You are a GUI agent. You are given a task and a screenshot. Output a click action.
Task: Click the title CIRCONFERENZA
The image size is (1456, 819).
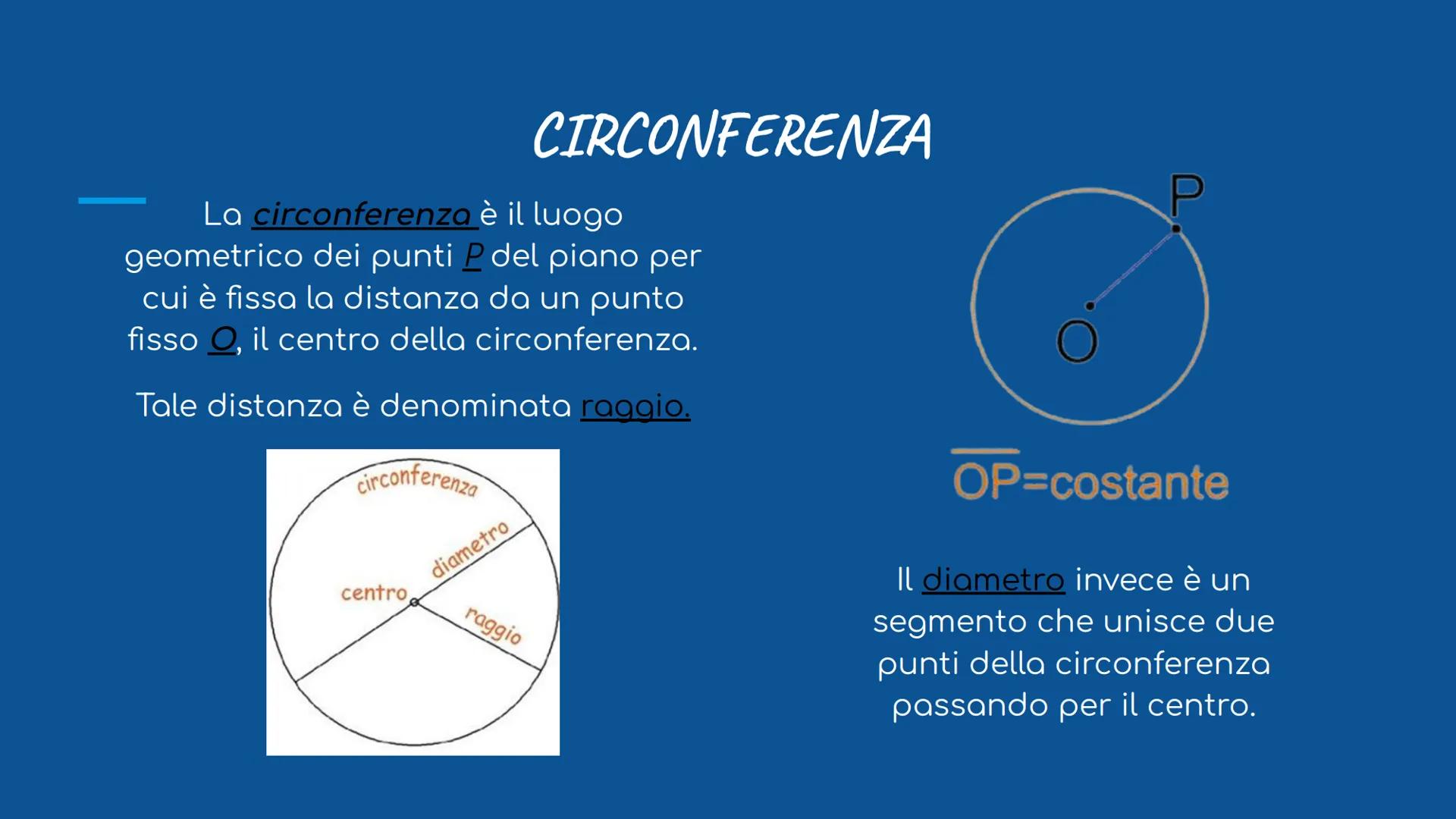point(732,136)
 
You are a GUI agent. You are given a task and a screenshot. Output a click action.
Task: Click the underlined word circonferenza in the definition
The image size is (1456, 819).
point(362,215)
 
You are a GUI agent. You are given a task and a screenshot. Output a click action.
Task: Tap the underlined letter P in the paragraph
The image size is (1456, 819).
point(472,256)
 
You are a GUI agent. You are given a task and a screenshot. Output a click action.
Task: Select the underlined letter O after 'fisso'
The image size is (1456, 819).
point(223,339)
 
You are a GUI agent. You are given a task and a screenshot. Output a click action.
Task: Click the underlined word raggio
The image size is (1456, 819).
point(635,406)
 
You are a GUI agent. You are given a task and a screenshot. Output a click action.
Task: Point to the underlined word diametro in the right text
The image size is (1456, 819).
point(993,580)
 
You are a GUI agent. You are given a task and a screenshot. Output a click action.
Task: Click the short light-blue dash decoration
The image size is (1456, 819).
point(112,200)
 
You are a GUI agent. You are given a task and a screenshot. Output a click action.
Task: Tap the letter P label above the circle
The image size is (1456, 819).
point(1186,195)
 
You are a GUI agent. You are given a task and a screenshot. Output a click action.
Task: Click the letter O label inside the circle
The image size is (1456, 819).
point(1077,341)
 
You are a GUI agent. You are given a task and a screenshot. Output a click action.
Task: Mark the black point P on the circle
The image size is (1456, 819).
point(1176,228)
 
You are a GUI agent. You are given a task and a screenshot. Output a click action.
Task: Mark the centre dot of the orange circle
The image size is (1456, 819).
point(1090,306)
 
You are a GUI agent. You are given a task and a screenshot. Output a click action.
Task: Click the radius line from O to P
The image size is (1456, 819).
point(1133,267)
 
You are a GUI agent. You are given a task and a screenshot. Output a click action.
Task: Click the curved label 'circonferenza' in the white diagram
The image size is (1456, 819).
point(418,479)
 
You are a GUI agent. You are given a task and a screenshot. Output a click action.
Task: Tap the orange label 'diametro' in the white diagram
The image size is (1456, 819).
point(470,550)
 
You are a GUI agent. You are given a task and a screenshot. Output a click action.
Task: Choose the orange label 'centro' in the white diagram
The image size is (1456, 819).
point(374,592)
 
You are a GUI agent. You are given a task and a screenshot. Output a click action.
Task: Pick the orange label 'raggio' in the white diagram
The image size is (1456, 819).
point(494,626)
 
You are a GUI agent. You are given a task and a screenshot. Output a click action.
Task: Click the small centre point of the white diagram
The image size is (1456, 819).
point(414,602)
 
